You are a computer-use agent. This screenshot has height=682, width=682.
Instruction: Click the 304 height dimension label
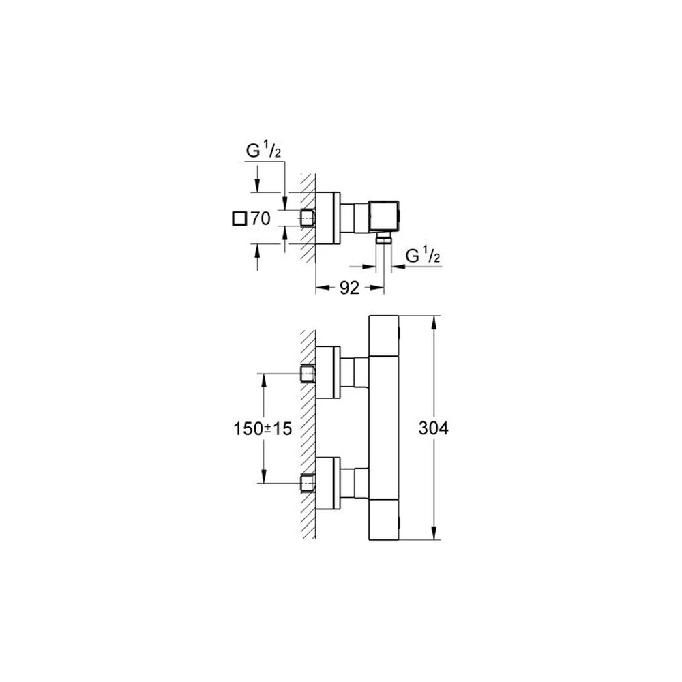(433, 428)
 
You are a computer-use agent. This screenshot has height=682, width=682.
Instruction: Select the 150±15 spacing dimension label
(263, 429)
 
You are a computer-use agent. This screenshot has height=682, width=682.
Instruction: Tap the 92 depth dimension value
(349, 288)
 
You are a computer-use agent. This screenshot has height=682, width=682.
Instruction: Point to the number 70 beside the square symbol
(260, 218)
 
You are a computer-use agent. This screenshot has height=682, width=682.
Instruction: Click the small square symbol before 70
(239, 218)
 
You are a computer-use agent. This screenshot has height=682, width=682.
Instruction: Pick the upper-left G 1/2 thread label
(263, 151)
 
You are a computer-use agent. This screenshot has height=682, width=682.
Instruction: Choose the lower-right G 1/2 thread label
(423, 256)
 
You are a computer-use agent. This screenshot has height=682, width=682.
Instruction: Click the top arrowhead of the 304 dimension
(434, 323)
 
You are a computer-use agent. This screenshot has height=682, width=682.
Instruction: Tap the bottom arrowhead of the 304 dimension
(434, 533)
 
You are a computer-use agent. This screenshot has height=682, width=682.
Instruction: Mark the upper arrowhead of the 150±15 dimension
(263, 381)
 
